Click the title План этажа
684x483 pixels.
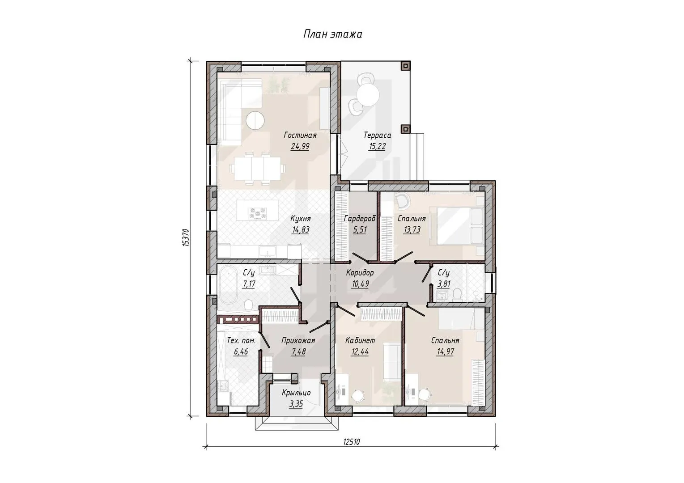click(332, 34)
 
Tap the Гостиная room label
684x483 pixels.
click(300, 135)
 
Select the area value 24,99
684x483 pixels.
click(300, 147)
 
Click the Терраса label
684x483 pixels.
click(377, 135)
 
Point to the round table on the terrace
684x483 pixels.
click(368, 95)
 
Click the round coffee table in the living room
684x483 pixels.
click(255, 121)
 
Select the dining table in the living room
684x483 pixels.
click(257, 168)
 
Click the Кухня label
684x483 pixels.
click(301, 219)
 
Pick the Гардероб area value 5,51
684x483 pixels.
click(360, 230)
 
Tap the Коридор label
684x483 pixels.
click(360, 272)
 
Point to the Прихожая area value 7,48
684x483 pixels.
click(298, 352)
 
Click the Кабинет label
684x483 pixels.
click(360, 340)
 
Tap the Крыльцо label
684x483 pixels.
click(296, 393)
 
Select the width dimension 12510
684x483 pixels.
click(352, 442)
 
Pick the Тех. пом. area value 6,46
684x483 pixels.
click(241, 352)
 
